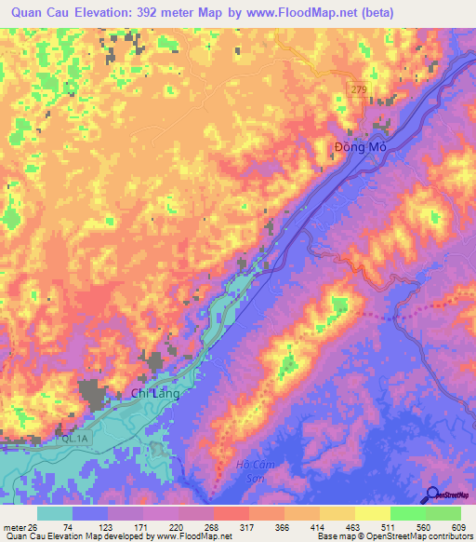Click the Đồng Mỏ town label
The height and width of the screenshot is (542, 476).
point(359,147)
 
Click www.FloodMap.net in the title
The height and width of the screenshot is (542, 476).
point(294,13)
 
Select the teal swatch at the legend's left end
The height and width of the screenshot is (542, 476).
point(55,513)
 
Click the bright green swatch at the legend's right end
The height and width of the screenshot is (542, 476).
point(443,513)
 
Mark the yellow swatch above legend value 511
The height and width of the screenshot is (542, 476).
point(372,513)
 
